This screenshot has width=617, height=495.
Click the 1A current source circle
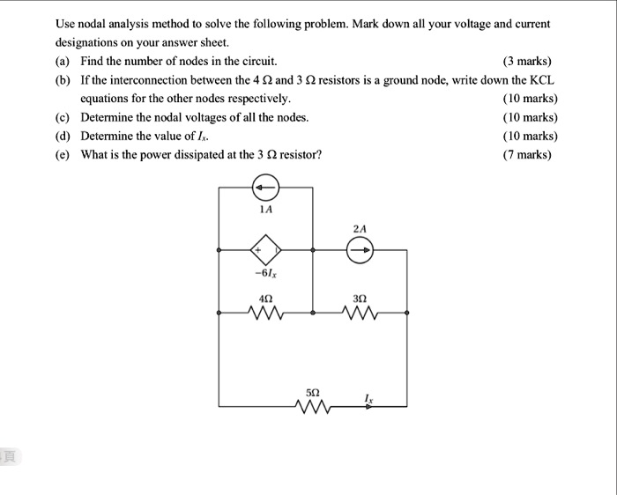266,188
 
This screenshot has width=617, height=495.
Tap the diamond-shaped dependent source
266,250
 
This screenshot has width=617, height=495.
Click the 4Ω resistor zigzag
266,312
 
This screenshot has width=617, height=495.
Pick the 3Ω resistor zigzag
360,312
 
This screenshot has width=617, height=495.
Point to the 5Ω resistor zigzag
313,406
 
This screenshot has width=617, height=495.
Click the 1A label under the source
266,211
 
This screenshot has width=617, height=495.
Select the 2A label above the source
360,228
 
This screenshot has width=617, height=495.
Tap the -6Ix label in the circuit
265,274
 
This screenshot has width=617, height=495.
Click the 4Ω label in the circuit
265,297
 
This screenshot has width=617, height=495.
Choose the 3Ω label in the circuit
360,297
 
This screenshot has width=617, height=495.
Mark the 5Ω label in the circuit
313,389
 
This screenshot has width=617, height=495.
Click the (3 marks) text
526,61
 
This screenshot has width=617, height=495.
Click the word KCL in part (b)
540,79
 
